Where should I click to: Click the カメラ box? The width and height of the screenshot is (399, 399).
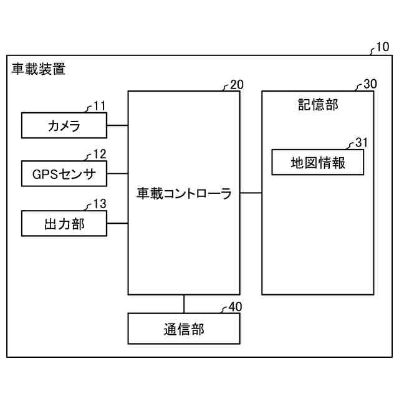tap(64, 125)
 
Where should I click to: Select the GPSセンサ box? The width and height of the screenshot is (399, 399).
tap(64, 174)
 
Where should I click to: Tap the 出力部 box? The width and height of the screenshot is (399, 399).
tap(64, 224)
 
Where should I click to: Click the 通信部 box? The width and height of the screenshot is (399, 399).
tap(184, 329)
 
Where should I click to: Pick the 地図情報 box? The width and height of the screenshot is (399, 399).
tap(318, 163)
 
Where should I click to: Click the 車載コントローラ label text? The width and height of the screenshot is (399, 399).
tap(184, 194)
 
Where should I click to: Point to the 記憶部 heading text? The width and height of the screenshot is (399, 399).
tap(318, 105)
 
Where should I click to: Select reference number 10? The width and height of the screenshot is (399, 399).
tap(383, 47)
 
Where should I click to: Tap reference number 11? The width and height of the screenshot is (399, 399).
tap(100, 105)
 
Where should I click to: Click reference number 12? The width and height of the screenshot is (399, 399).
tap(100, 154)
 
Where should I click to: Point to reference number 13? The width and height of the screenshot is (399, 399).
tap(100, 204)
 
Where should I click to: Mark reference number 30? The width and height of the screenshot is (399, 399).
tap(370, 85)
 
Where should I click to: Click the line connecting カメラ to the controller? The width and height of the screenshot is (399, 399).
tap(117, 125)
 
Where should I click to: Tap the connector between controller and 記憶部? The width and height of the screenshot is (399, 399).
tap(251, 193)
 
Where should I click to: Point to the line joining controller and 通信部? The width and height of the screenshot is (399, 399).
tap(184, 304)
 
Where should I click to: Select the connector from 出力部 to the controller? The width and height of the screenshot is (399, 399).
tap(117, 223)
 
